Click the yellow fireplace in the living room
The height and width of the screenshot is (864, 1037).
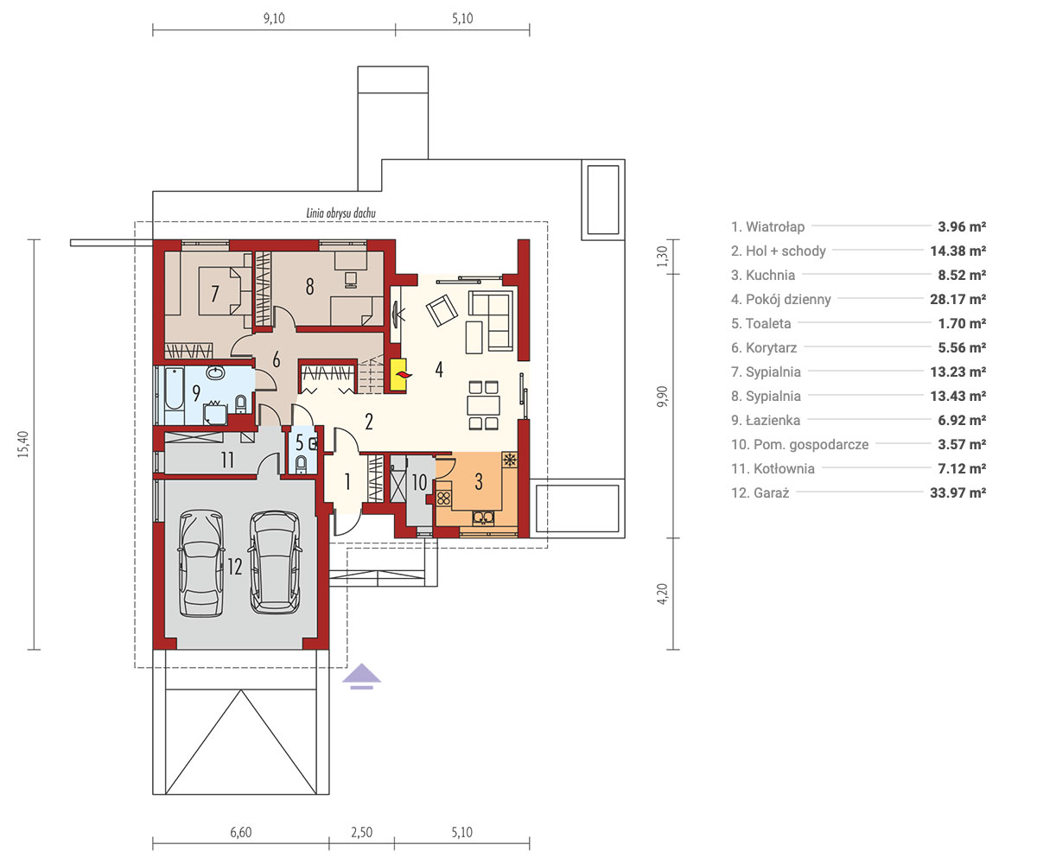(x=398, y=375)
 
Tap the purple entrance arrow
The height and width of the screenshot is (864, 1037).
(x=361, y=677)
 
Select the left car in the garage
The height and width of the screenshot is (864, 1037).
(x=200, y=563)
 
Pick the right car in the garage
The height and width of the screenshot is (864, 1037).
(x=275, y=562)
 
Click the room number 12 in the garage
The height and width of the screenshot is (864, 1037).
(x=234, y=567)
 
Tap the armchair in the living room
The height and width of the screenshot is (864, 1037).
(x=442, y=310)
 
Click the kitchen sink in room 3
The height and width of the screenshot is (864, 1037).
(x=483, y=518)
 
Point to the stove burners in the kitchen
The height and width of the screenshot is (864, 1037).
(x=443, y=498)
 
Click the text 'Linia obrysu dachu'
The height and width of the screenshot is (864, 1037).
(x=340, y=213)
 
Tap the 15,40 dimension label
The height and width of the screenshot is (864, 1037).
(x=23, y=444)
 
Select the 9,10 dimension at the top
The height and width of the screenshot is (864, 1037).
(x=274, y=18)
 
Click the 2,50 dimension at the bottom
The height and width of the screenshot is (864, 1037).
(x=361, y=832)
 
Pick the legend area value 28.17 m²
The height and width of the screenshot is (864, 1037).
(x=958, y=300)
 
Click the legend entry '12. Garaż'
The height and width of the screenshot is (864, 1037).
(x=760, y=492)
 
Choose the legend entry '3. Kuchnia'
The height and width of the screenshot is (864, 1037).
(x=763, y=275)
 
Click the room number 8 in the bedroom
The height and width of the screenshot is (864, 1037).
(x=310, y=287)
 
